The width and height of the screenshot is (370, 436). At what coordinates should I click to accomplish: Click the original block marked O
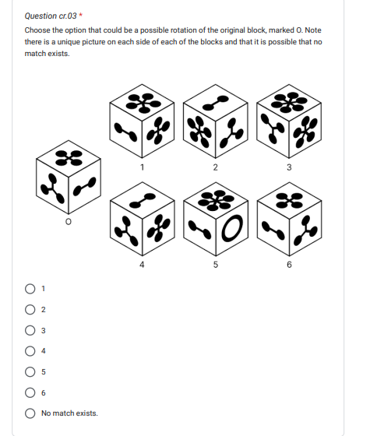pyautogui.click(x=69, y=177)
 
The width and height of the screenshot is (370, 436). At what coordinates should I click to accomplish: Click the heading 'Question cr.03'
pyautogui.click(x=45, y=15)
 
